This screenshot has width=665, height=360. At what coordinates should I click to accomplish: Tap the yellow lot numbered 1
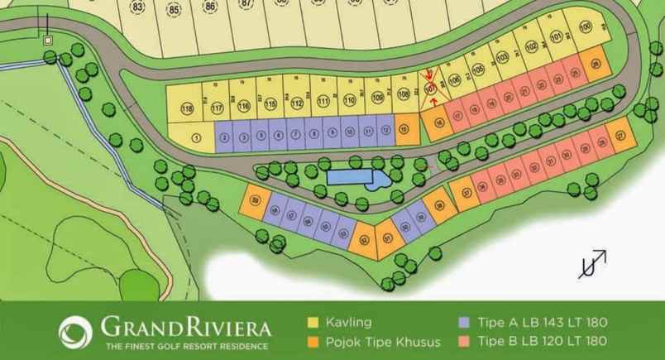(x=195, y=138)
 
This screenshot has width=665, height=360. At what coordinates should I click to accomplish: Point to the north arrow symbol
(x=592, y=264)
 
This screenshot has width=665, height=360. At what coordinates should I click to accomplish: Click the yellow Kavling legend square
(x=313, y=322)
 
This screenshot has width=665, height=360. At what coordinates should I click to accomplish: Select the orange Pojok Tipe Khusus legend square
(x=313, y=341)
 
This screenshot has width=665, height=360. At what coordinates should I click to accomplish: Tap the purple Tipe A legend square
(x=464, y=322)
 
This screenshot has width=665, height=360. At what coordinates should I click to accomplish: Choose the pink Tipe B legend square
(x=464, y=341)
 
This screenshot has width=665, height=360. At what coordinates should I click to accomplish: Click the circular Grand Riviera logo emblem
(x=75, y=331)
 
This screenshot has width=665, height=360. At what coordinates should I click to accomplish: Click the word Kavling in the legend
(x=350, y=322)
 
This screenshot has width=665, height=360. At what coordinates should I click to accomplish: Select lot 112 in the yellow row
(x=296, y=102)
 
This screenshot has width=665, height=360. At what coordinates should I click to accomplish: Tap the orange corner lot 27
(x=620, y=134)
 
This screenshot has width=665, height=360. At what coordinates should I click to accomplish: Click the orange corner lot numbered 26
(x=595, y=65)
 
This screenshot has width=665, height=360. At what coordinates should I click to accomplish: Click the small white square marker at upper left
(x=48, y=40)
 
